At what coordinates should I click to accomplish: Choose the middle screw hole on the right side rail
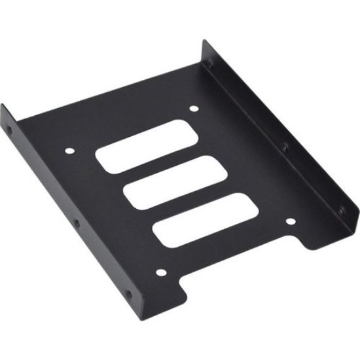coord(285,148)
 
